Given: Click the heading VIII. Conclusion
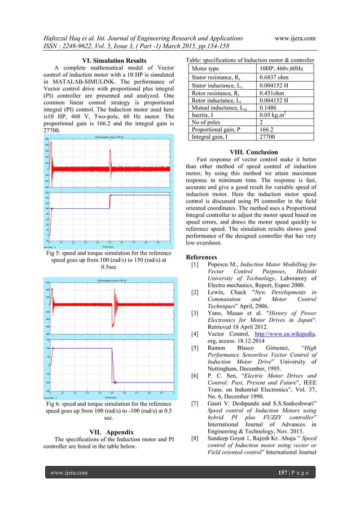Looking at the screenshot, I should click(x=251, y=152).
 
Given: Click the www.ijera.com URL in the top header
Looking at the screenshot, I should click(x=294, y=38).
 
